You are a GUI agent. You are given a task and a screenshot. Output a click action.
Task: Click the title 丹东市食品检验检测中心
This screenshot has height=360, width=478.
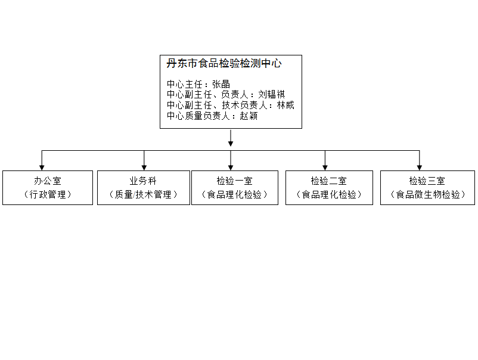(x=224, y=64)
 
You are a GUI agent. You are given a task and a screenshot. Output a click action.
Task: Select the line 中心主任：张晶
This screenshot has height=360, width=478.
(x=198, y=84)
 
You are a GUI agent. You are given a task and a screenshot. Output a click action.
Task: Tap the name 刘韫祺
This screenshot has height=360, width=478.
(x=272, y=95)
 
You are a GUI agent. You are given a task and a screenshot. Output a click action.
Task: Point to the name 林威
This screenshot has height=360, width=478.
(x=285, y=105)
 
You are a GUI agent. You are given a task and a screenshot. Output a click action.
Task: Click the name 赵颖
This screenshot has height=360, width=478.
(x=249, y=116)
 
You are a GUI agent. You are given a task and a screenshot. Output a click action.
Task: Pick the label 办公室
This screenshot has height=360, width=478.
(x=48, y=181)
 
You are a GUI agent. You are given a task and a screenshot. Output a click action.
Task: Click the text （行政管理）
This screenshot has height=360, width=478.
(x=48, y=194)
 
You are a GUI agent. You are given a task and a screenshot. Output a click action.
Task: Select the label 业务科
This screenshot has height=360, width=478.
(x=144, y=181)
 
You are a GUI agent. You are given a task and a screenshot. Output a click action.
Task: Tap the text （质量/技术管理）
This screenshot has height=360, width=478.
(x=144, y=194)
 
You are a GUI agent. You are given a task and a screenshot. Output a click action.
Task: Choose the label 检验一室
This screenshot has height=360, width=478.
(x=234, y=181)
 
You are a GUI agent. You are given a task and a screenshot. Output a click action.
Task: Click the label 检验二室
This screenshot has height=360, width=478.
(x=329, y=181)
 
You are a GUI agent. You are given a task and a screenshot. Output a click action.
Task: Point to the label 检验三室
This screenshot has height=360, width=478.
(x=427, y=181)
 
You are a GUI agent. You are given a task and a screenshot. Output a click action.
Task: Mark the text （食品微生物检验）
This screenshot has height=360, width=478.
(x=427, y=194)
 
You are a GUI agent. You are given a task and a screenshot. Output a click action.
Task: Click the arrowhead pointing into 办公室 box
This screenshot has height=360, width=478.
(x=42, y=167)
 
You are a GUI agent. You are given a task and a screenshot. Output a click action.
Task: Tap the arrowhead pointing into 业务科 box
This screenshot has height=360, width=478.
(x=144, y=167)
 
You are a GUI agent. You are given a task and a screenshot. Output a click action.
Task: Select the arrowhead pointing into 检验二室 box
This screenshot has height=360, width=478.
(x=325, y=167)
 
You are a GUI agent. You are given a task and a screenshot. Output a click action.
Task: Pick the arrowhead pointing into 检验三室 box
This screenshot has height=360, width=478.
(x=419, y=167)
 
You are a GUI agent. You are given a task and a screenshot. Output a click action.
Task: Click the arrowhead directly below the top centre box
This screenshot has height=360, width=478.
(x=231, y=142)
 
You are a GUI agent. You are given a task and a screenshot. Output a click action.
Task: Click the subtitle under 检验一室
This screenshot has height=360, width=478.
(x=234, y=194)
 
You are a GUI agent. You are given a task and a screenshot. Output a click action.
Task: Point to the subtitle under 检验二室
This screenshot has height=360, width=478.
(x=329, y=194)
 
